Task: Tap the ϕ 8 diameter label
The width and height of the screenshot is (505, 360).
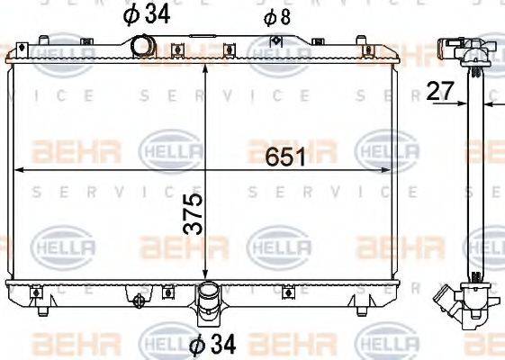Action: coord(276,16)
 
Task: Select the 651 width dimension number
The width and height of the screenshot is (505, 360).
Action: coord(286,157)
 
